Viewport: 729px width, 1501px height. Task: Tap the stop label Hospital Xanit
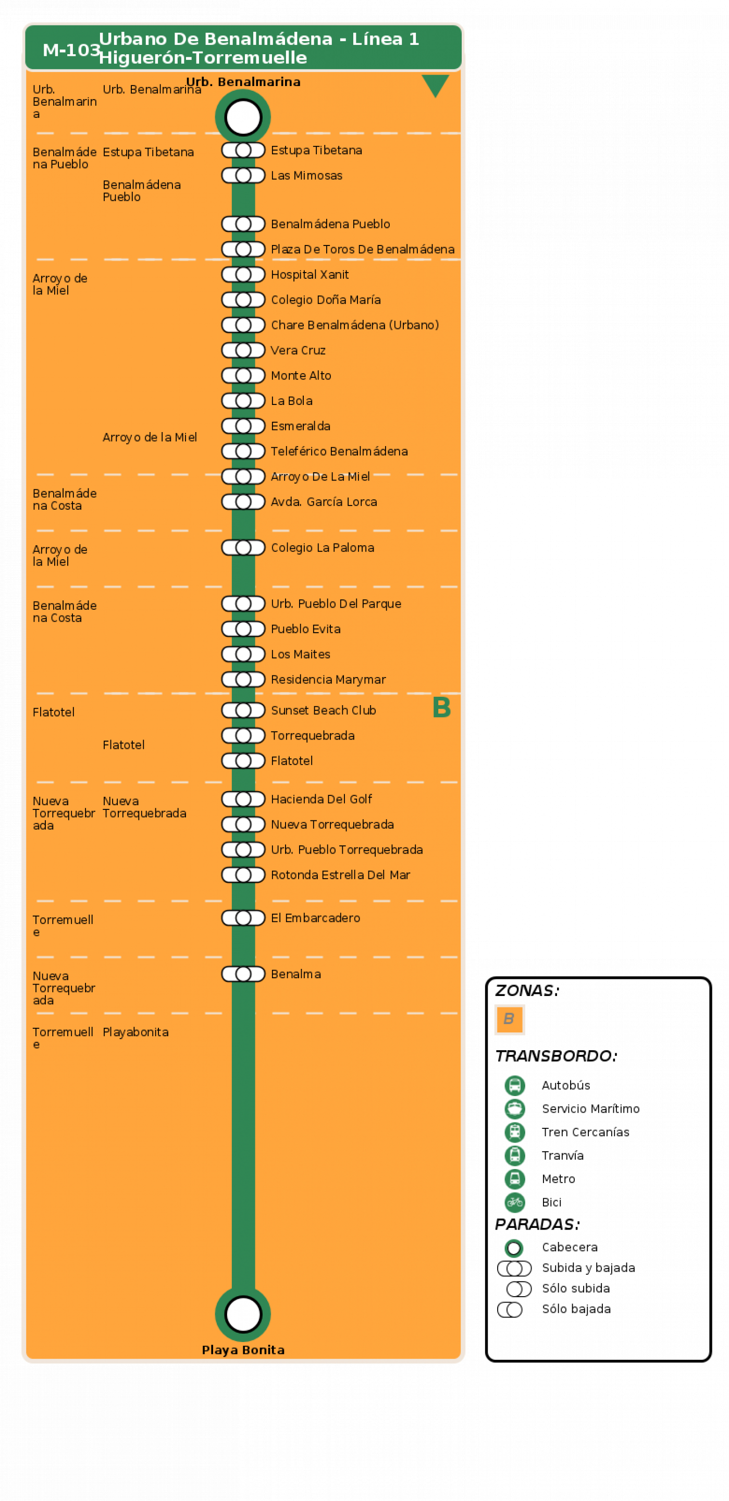pos(310,275)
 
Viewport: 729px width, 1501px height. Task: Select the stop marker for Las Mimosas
pos(243,176)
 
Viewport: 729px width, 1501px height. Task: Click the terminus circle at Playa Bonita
pos(243,1314)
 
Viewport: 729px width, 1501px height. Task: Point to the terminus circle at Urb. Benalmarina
pos(243,117)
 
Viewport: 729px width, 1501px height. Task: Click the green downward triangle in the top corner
pos(435,85)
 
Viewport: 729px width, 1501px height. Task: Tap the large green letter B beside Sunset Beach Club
pos(441,707)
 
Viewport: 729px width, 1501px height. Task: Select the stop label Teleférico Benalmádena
pos(339,451)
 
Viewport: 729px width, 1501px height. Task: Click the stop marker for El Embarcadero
pos(243,918)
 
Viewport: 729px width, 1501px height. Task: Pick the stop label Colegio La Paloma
pos(322,548)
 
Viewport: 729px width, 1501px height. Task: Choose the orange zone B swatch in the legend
pos(509,1019)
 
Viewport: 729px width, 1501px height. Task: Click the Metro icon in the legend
pos(514,1179)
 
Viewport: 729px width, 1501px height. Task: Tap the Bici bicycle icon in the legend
pos(514,1202)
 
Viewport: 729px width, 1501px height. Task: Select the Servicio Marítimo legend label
pos(590,1109)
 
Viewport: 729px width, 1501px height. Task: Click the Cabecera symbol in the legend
pos(514,1248)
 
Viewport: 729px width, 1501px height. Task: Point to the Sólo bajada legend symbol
pos(510,1310)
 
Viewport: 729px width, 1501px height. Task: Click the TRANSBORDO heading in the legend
pos(556,1056)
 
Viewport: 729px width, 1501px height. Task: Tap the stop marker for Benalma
pos(243,974)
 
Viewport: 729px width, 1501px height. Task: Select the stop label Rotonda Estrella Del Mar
pos(340,875)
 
